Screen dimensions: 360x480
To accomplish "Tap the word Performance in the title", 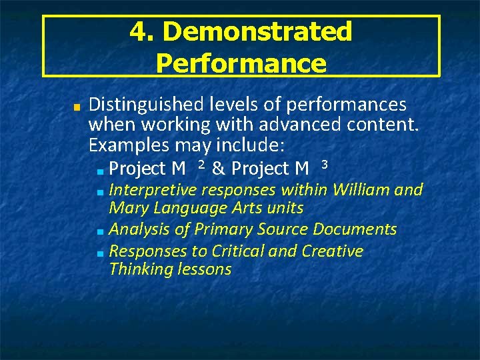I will pos(241,63).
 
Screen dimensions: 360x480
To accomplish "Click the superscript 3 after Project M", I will pos(324,164).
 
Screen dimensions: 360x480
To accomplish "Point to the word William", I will pos(361,190).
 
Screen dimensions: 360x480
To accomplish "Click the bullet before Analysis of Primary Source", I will pos(99,232).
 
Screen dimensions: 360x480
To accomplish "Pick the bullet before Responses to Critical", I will pos(99,253).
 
